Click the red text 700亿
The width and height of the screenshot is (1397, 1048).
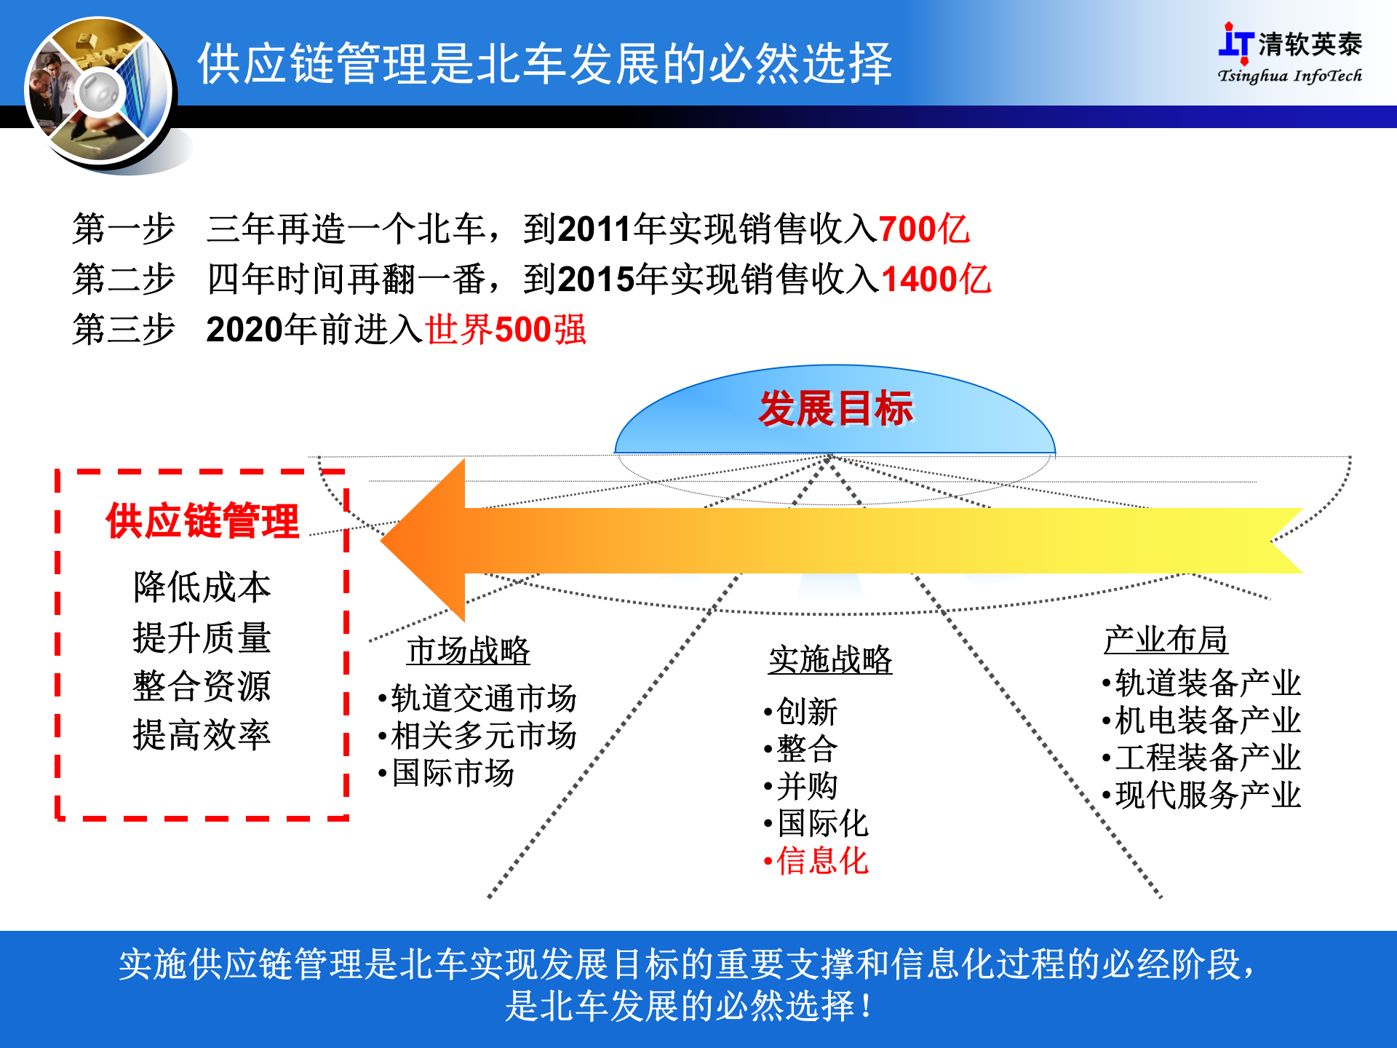(x=924, y=229)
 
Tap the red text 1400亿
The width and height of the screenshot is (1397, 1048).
(x=936, y=279)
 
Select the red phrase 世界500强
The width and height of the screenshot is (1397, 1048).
(x=505, y=330)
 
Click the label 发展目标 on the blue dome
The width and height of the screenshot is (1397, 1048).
(x=835, y=408)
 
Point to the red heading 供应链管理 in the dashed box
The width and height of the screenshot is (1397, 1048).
(x=202, y=521)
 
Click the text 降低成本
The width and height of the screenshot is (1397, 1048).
(x=202, y=587)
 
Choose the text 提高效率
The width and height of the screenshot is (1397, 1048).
(x=202, y=735)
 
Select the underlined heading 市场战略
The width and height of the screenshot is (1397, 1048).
(x=468, y=651)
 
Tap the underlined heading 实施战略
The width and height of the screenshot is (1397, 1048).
(x=830, y=660)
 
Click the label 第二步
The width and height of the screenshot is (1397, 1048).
(x=124, y=279)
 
